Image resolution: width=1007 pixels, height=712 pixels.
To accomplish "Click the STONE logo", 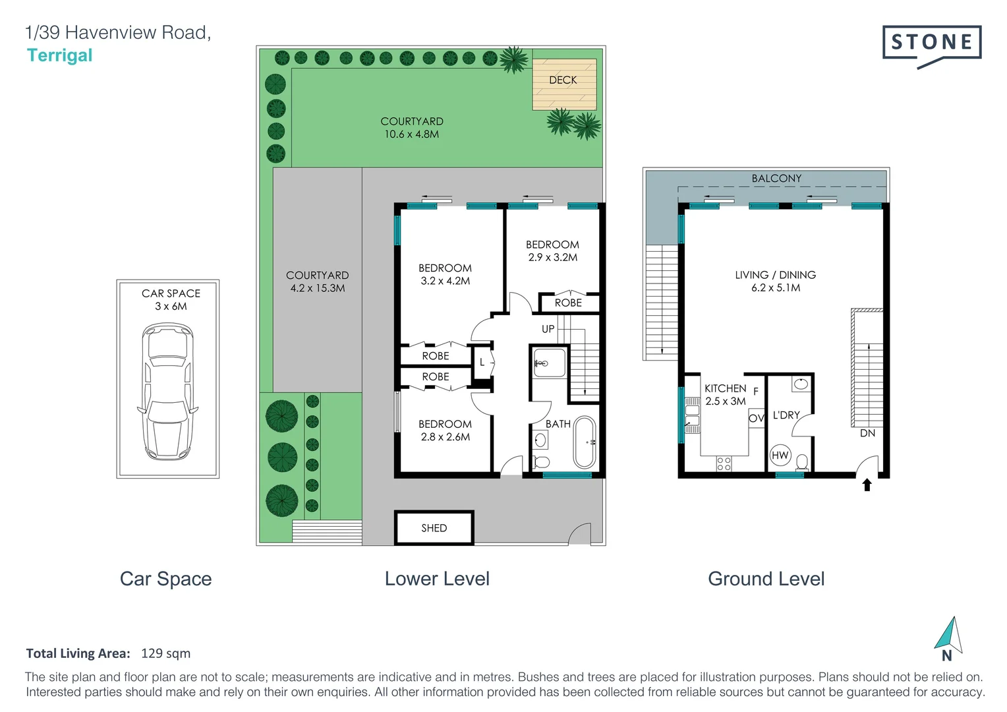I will point(931,44).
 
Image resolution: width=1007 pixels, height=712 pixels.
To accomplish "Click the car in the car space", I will point(168,391).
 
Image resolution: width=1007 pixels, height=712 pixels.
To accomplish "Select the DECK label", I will point(563,80).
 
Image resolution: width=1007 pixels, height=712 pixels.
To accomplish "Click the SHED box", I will point(434,527).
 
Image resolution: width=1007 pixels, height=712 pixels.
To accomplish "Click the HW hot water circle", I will point(780,455).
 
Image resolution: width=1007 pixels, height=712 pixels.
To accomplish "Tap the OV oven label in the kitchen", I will point(756,418).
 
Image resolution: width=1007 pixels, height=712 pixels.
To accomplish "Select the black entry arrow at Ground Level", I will point(867,485).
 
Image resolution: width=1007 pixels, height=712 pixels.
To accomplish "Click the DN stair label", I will point(867,433).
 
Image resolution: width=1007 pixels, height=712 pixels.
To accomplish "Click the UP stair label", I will point(548,329).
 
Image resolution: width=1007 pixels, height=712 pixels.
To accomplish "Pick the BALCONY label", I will point(776,179).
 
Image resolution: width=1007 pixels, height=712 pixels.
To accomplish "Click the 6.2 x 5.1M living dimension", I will point(776,288).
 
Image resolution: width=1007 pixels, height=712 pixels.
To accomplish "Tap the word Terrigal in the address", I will point(59,55).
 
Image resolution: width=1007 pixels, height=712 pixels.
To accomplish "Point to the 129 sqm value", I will point(165,653).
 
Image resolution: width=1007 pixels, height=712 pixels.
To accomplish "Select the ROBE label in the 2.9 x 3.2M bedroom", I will point(568,303).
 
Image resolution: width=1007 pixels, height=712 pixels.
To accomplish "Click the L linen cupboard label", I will point(482,362).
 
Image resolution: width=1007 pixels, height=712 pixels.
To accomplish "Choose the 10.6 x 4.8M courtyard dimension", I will point(411,134).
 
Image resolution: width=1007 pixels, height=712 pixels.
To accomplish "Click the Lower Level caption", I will point(437,579).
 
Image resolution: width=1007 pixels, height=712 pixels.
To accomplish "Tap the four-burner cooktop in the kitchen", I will point(724,463).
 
